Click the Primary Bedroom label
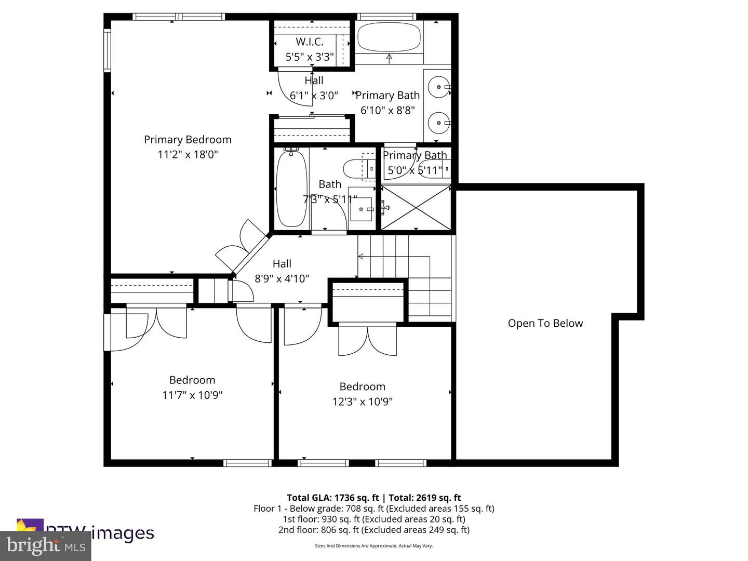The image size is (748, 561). click(188, 139)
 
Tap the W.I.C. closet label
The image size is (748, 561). click(310, 42)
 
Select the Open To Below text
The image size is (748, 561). click(545, 323)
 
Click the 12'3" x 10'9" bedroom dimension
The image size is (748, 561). click(362, 402)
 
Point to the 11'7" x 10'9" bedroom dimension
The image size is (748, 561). click(192, 395)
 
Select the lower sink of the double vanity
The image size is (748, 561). click(439, 123)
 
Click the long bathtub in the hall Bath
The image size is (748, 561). click(291, 188)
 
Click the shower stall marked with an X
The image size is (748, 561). click(416, 207)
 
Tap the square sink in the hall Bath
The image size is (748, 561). click(361, 208)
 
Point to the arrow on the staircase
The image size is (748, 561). click(360, 256)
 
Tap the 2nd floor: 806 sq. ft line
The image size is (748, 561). click(373, 530)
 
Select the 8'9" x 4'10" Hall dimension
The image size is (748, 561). click(282, 278)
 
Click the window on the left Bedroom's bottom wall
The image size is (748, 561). click(248, 462)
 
